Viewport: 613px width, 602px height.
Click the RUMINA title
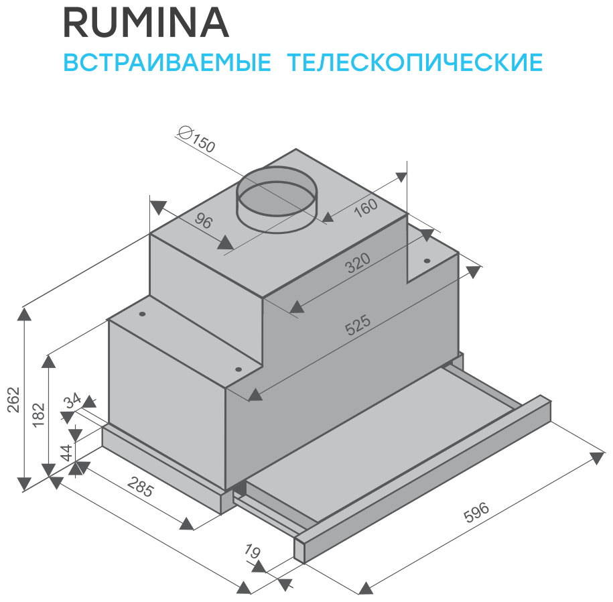145,23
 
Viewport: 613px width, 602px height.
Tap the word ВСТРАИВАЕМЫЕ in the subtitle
167,62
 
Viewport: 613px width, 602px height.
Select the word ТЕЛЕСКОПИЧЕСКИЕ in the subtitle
415,62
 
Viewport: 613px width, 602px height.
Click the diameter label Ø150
198,140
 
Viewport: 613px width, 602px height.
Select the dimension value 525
358,326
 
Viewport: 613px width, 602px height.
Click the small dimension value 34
73,401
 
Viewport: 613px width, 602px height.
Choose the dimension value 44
65,452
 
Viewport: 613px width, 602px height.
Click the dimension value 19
251,553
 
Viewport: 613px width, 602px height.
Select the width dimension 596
476,512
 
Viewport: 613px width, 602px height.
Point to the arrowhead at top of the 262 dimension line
25,313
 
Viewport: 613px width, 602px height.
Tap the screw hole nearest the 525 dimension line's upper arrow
426,261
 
